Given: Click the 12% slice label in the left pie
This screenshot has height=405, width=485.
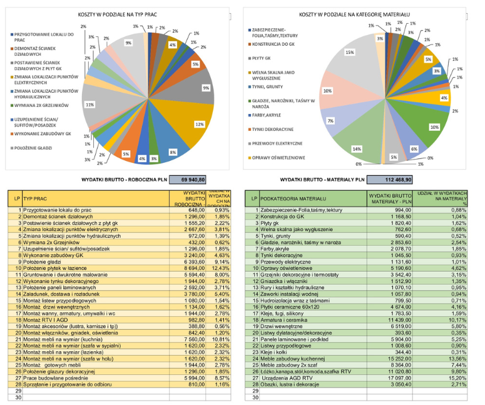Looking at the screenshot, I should click(x=199, y=124).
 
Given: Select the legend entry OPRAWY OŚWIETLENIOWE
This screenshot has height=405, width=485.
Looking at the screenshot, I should click(x=281, y=157).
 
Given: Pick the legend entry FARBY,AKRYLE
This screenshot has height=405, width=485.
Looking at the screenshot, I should click(x=270, y=115).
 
